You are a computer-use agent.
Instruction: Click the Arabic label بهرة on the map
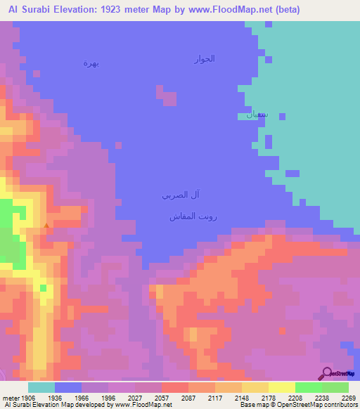tap(91, 63)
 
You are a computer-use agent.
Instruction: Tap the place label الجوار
tap(204, 59)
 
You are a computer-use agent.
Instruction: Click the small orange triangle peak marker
tap(46, 226)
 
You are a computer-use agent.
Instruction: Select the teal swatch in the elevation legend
tap(41, 387)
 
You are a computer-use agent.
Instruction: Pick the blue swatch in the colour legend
tap(67, 387)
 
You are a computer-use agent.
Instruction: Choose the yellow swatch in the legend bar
tap(281, 387)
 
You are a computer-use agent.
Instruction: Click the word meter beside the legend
tap(10, 398)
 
